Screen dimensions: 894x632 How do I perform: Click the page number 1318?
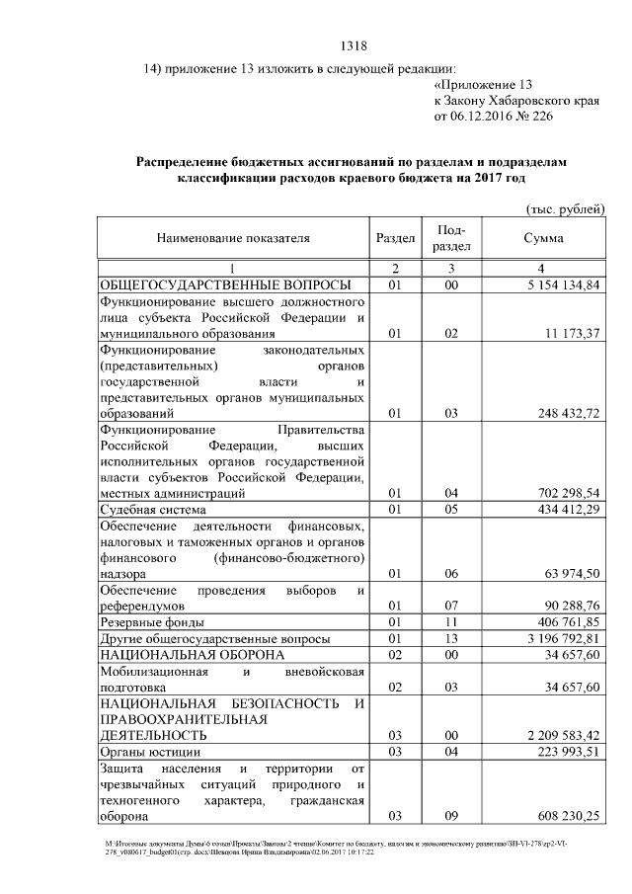point(354,45)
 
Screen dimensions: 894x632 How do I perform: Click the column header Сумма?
point(543,238)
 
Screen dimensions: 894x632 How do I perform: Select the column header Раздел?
point(395,238)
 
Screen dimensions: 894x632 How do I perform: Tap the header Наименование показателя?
point(232,238)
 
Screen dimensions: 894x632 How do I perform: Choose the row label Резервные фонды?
point(152,622)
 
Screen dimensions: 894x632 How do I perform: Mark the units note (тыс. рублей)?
point(563,208)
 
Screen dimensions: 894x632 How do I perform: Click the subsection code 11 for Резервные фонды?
point(451,622)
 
